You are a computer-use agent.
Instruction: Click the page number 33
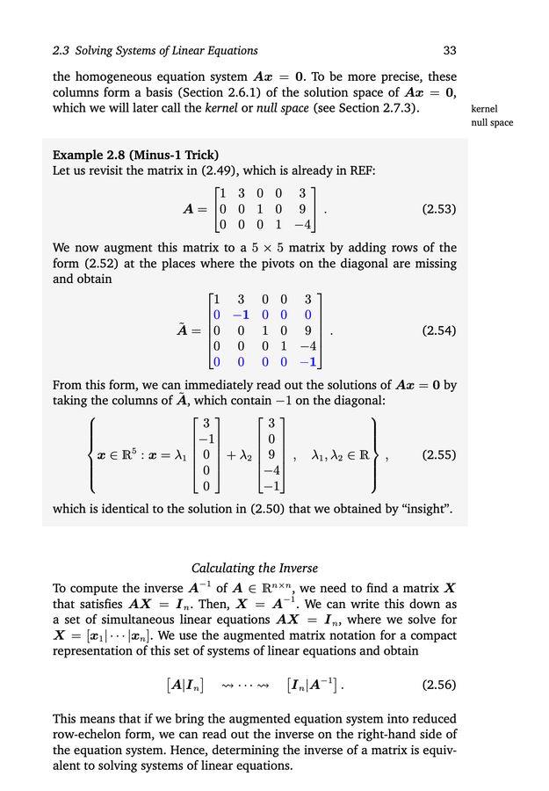(450, 50)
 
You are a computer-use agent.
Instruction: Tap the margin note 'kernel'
(484, 109)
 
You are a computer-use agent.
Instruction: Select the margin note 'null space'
(493, 123)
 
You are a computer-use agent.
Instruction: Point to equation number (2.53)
(439, 210)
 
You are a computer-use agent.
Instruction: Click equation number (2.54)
(439, 331)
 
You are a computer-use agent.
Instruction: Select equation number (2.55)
(439, 455)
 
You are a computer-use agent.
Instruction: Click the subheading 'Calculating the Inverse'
(255, 569)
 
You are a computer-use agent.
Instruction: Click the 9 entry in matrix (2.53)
(302, 210)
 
